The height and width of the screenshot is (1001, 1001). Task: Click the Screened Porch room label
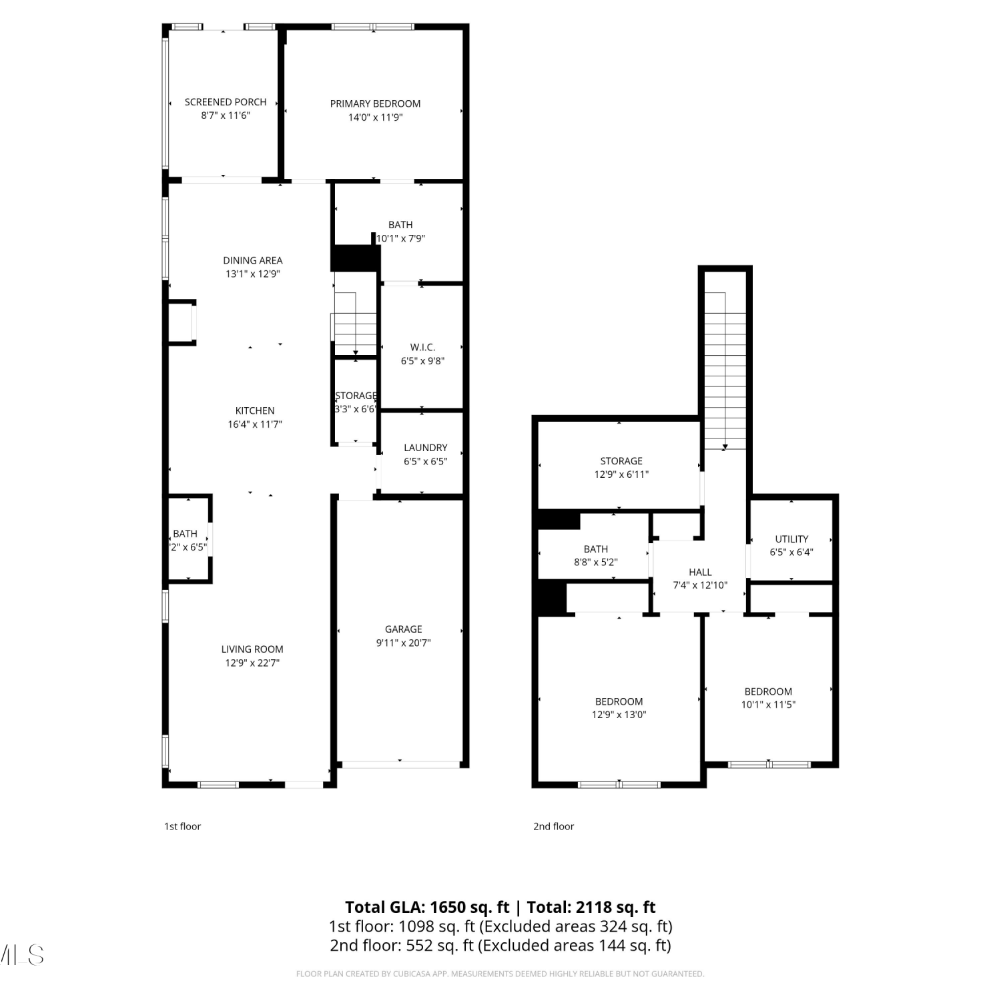tap(226, 102)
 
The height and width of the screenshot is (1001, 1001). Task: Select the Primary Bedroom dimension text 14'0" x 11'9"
tap(375, 117)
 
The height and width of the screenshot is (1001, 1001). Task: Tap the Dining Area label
tap(253, 260)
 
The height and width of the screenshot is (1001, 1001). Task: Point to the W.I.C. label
tap(422, 347)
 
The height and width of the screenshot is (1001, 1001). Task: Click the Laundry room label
tap(426, 448)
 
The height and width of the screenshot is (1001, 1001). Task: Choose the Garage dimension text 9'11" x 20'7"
tap(403, 643)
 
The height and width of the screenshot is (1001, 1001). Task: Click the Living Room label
tap(252, 649)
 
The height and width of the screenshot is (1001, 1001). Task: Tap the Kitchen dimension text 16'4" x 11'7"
tap(255, 424)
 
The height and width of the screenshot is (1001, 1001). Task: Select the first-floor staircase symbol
tap(354, 324)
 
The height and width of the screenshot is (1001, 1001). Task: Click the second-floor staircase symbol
tap(725, 371)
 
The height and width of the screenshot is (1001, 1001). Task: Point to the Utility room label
tap(791, 539)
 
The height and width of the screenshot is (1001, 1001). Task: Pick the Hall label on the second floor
tap(700, 572)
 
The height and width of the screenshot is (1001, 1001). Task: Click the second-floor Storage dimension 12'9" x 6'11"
tap(621, 474)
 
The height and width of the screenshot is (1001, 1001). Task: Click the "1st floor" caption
tap(182, 826)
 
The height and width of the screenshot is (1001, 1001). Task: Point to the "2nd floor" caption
tap(553, 826)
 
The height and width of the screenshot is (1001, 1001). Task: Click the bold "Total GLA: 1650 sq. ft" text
tap(427, 908)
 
